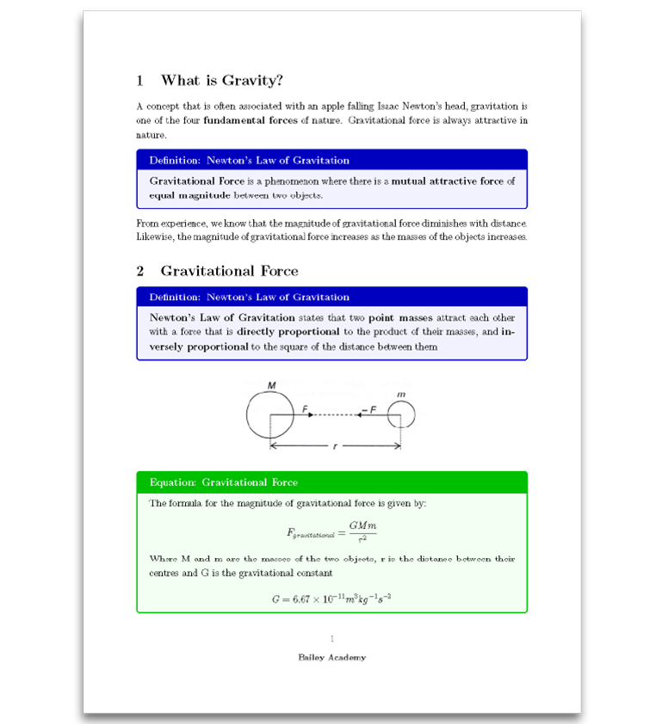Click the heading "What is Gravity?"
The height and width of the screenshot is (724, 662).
pos(221,81)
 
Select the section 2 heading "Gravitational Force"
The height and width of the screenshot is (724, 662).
pos(229,271)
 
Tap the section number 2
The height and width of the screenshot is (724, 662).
pos(140,271)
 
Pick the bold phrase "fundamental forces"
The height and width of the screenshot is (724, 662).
pos(250,120)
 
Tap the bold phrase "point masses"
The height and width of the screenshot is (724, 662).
pos(400,318)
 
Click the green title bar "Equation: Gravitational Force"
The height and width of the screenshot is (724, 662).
pos(224,482)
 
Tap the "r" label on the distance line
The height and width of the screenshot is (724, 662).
pos(335,446)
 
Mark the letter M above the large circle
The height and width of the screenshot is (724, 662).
pos(271,384)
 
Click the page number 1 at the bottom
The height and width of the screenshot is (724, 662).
pos(331,638)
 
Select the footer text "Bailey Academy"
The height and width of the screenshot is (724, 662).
pos(331,658)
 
